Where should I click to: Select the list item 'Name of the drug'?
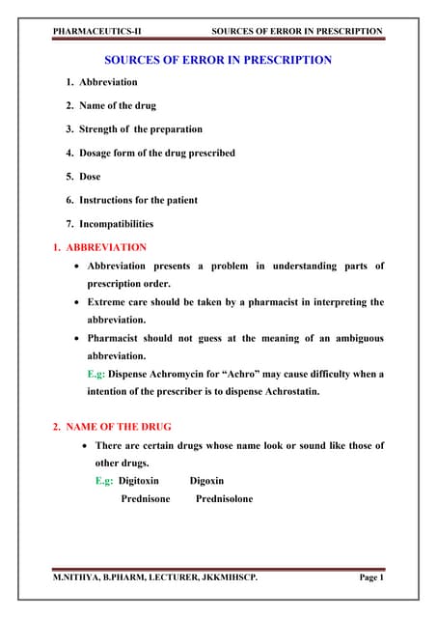(112, 106)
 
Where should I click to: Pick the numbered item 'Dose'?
(90, 177)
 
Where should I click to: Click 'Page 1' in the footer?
(370, 577)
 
